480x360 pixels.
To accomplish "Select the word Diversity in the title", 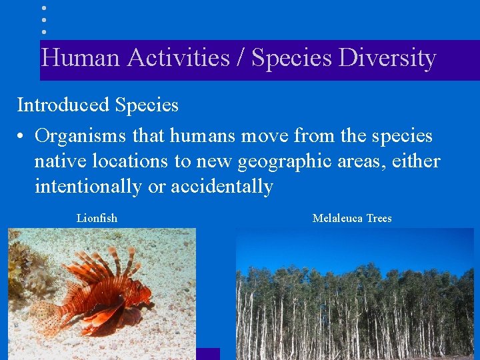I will (x=387, y=59).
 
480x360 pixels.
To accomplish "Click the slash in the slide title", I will (x=241, y=59).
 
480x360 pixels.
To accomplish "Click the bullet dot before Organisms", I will (x=22, y=137).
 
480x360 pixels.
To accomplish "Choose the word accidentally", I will (x=221, y=187).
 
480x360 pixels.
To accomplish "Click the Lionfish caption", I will (x=97, y=218).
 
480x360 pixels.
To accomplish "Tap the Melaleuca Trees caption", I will (x=352, y=218).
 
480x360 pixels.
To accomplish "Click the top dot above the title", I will (x=43, y=8).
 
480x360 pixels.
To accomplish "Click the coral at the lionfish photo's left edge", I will (x=20, y=267).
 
